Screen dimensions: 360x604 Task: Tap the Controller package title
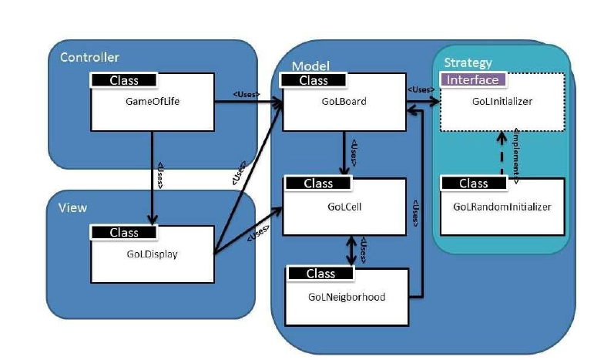click(x=89, y=57)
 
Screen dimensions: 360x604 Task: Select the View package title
click(x=72, y=207)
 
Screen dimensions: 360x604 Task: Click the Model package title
click(x=310, y=66)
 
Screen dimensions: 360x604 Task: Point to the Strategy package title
click(x=468, y=62)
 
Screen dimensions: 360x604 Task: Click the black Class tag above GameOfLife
click(x=124, y=79)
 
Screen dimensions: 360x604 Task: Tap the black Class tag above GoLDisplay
click(x=124, y=232)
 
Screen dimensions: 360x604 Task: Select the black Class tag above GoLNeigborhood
click(x=320, y=274)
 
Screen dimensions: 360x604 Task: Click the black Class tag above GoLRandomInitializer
click(x=473, y=183)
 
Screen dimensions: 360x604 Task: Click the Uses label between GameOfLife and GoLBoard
click(x=247, y=95)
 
